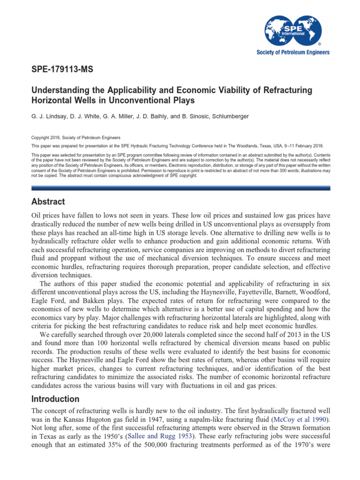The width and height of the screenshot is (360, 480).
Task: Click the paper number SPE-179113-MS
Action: (x=62, y=70)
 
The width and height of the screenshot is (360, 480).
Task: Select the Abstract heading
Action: (x=48, y=202)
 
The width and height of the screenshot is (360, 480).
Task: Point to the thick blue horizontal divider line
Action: (x=180, y=188)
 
